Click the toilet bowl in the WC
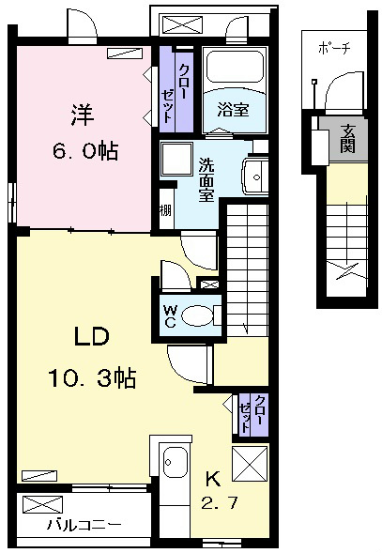point(197,315)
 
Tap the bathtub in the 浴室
point(235,67)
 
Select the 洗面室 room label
point(206,180)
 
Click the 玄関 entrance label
point(347,138)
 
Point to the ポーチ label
point(335,47)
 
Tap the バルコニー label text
point(84,526)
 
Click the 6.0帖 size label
point(85,151)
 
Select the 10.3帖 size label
point(92,377)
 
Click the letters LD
point(92,336)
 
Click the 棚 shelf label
point(165,210)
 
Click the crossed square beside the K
point(250,463)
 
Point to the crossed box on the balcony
point(42,504)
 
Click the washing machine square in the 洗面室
point(176,159)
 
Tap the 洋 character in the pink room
point(83,115)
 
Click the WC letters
point(171,316)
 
